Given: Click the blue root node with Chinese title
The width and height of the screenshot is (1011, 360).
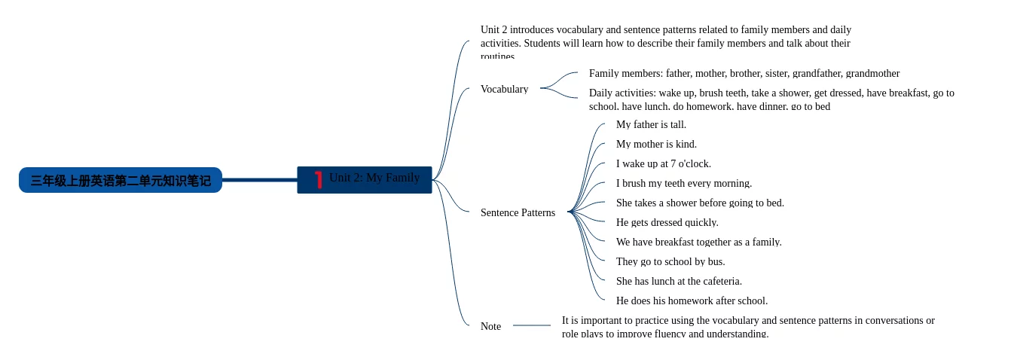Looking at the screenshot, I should pyautogui.click(x=121, y=181).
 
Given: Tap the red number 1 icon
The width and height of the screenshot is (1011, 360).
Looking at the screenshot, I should pyautogui.click(x=319, y=179).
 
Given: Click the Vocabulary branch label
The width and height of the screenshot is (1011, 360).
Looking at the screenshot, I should pyautogui.click(x=504, y=89).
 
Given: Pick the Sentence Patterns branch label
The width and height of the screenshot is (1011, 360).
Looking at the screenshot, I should pyautogui.click(x=518, y=212).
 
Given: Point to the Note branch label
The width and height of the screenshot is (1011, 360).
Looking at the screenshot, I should pyautogui.click(x=490, y=326).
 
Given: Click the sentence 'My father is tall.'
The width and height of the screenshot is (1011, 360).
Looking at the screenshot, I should pyautogui.click(x=651, y=124).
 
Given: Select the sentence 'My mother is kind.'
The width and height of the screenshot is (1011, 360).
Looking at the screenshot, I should pyautogui.click(x=656, y=144).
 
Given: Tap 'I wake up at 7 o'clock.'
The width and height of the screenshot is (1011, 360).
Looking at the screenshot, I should pyautogui.click(x=663, y=163).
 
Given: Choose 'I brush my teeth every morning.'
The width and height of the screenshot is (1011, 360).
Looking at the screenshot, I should pyautogui.click(x=683, y=183).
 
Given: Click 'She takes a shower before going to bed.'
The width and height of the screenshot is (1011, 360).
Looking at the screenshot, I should pyautogui.click(x=700, y=203).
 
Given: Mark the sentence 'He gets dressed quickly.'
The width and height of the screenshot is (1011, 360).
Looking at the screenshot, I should pyautogui.click(x=667, y=222).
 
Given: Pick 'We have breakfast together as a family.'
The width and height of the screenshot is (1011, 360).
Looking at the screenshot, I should pyautogui.click(x=698, y=242).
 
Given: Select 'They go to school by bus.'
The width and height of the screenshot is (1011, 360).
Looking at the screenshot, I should pyautogui.click(x=670, y=261).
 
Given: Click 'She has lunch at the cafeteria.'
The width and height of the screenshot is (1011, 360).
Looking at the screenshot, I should pyautogui.click(x=679, y=281).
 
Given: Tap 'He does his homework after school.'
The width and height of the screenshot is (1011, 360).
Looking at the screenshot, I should pyautogui.click(x=692, y=301).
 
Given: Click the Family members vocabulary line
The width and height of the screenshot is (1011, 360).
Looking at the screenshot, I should pyautogui.click(x=744, y=73).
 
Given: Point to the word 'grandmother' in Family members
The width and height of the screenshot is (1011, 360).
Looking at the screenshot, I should pyautogui.click(x=872, y=73).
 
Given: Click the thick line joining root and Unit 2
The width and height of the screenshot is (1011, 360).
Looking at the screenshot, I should pyautogui.click(x=259, y=180).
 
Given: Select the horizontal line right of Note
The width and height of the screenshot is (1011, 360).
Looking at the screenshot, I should pyautogui.click(x=531, y=325).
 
